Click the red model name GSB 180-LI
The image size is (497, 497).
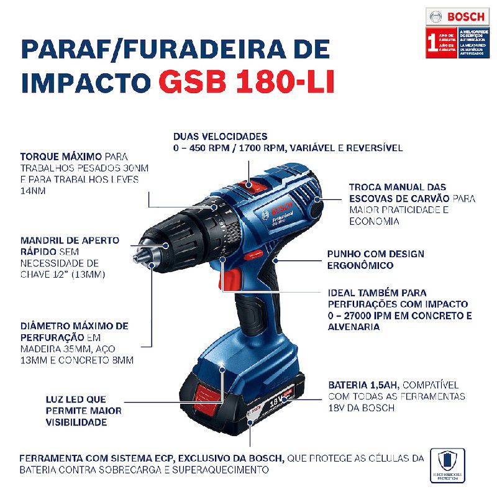pos(246,82)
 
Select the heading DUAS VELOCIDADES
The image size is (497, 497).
pos(221,136)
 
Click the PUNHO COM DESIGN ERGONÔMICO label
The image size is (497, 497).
pos(376,254)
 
